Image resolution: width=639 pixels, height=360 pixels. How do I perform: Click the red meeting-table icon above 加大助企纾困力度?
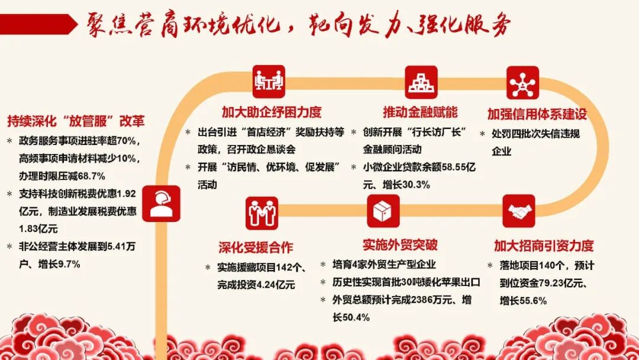pos(269,82)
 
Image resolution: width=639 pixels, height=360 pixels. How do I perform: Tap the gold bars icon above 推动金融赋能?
pos(421,82)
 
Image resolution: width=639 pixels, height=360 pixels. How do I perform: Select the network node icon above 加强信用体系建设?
pos(523,83)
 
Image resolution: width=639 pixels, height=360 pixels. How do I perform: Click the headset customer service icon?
pos(162,204)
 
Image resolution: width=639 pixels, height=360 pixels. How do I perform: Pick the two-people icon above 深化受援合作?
pos(262,213)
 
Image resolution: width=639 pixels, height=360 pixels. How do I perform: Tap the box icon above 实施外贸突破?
pos(383,211)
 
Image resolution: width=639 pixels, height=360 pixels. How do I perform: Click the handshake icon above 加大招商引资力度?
pos(519,211)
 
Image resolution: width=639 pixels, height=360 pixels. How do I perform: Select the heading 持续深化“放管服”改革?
pos(76,121)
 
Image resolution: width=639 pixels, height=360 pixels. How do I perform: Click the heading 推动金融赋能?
pos(420,112)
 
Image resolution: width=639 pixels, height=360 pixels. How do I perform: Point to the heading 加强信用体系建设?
pos(537,114)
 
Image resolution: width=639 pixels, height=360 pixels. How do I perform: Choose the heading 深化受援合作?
pos(256,247)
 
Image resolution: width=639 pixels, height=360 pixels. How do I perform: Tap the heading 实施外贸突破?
pos(400,245)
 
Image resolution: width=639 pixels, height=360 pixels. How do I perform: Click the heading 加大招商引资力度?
pos(544,246)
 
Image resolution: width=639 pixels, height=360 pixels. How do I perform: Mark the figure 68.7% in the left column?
pos(91,176)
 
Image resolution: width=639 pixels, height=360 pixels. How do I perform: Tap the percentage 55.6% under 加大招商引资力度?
pos(533,301)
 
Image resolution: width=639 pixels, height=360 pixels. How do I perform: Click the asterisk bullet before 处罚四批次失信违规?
pos(483,134)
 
